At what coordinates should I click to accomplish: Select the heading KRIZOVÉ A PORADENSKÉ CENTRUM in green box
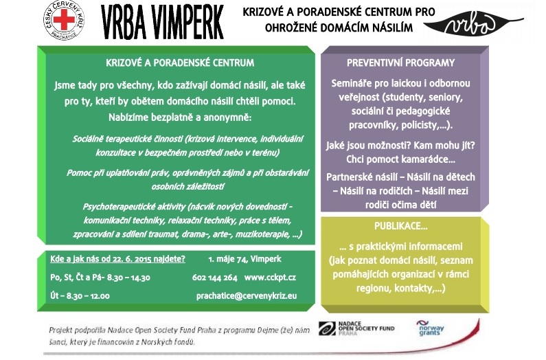point(180,63)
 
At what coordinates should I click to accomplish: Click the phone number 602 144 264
point(215,278)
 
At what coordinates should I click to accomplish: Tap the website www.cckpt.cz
point(270,278)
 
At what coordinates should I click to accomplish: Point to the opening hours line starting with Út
point(80,295)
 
